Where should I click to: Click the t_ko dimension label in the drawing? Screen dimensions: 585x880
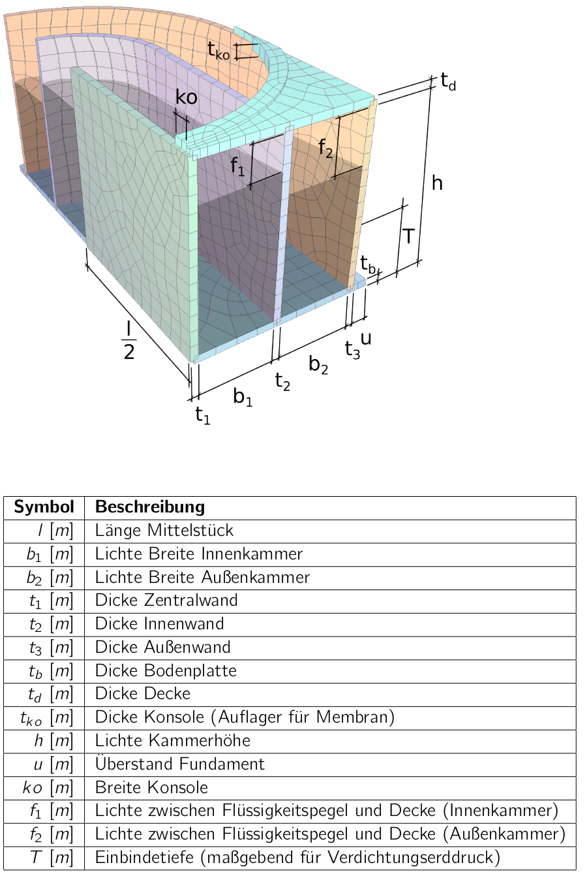218,51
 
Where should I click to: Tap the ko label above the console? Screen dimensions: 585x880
187,97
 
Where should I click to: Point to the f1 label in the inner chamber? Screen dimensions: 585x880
237,166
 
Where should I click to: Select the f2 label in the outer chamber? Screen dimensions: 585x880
325,148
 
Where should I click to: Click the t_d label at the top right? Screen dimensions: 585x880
448,82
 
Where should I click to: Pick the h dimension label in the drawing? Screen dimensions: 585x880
437,183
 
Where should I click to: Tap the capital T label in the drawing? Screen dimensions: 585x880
408,236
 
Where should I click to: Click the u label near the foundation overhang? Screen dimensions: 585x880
366,338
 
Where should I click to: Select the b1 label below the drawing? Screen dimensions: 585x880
243,397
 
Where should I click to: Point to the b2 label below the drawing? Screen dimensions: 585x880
318,364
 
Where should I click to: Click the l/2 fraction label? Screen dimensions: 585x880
128,340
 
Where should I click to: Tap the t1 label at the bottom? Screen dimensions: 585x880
203,416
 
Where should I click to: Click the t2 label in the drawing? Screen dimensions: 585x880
282,381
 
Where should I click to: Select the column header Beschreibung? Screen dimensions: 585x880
150,507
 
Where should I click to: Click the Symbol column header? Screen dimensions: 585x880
44,507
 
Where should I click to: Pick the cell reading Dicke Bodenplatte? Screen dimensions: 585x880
166,670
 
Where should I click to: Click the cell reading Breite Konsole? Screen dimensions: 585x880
151,787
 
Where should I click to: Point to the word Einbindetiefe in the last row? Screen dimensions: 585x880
144,857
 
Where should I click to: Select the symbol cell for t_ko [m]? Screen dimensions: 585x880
47,717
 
